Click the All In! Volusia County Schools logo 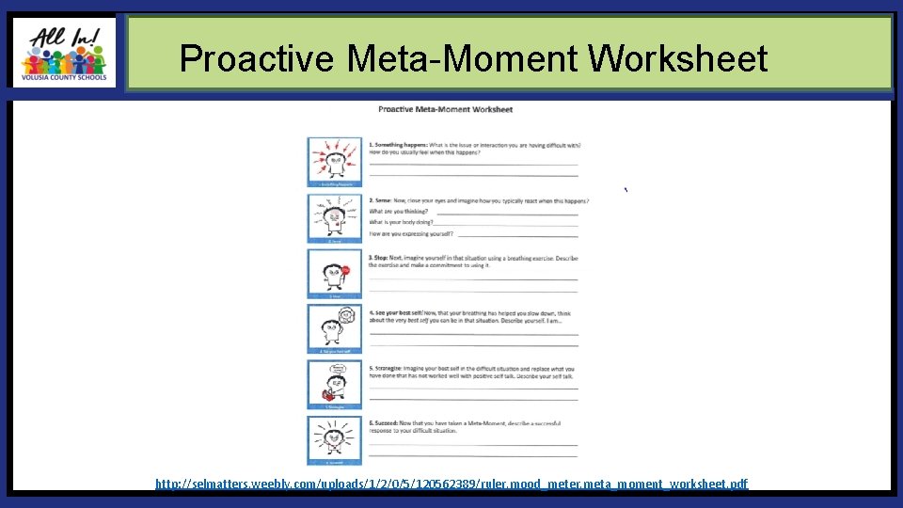(64, 53)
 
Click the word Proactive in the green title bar (256, 59)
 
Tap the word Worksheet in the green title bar (677, 59)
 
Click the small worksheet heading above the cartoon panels (445, 109)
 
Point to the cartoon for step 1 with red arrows (334, 163)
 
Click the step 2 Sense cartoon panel (334, 218)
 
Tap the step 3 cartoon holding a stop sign (334, 274)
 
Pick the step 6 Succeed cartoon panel (334, 439)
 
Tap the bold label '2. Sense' (381, 200)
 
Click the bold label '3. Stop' (379, 257)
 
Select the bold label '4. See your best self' (395, 312)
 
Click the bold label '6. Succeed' (385, 423)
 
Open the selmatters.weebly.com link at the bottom (451, 484)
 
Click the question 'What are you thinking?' (392, 212)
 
